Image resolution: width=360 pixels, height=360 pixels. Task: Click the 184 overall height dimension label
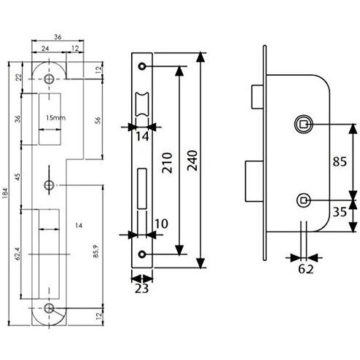[x=5, y=193]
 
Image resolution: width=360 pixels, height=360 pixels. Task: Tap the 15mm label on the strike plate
[x=55, y=118]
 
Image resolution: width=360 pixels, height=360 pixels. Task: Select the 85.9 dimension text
[x=96, y=251]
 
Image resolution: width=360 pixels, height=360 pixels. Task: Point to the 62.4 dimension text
[x=18, y=254]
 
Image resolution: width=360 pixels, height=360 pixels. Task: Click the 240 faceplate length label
[x=192, y=160]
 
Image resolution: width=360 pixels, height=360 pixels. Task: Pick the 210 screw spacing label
[x=167, y=163]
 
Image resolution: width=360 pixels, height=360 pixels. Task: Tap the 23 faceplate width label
[x=141, y=289]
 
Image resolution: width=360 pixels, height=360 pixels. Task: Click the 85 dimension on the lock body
[x=340, y=162]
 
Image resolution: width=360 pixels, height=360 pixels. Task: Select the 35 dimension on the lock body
[x=340, y=212]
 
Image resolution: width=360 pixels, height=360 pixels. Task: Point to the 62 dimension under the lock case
[x=306, y=269]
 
